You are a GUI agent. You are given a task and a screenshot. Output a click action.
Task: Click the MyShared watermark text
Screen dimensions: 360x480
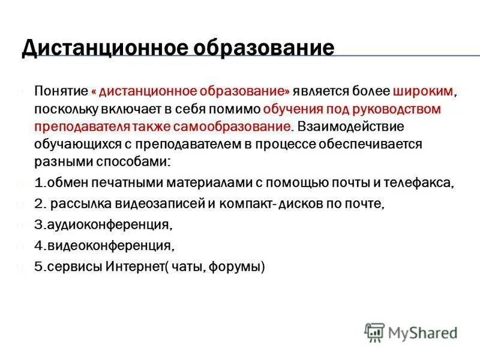pyautogui.click(x=423, y=332)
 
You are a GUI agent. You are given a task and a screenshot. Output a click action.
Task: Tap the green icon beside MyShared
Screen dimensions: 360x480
pyautogui.click(x=374, y=332)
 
